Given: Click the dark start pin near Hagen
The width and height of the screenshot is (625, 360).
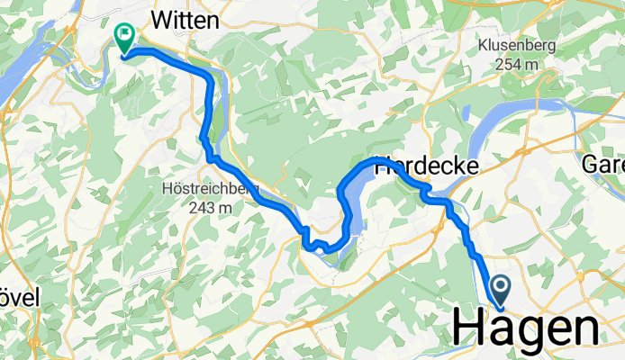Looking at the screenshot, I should [500, 290].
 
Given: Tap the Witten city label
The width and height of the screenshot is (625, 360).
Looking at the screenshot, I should [186, 19].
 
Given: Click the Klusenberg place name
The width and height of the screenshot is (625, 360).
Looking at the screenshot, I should [517, 45].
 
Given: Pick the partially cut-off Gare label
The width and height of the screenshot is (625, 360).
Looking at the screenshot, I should [602, 166].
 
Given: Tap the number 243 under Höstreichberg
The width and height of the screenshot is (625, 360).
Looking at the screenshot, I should [199, 207].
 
